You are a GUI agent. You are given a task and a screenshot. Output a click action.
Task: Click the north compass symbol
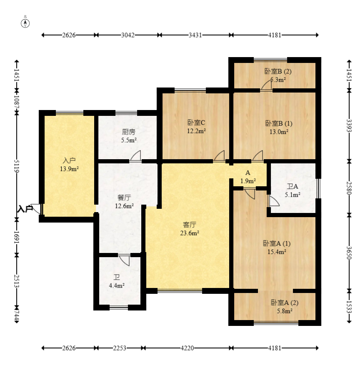coord(25,23)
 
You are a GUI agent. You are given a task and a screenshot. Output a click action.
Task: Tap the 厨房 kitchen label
coord(128,132)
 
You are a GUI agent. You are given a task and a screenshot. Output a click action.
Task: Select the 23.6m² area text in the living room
coord(190,233)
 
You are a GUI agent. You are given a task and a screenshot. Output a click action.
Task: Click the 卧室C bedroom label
coord(196,123)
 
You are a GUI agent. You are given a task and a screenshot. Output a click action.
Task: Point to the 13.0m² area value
coord(279,132)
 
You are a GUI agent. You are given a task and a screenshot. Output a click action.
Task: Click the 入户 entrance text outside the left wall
coord(25,209)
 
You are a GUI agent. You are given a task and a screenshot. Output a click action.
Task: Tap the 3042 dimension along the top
coord(128,35)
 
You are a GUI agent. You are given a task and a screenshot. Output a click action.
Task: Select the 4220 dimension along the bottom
coord(187,348)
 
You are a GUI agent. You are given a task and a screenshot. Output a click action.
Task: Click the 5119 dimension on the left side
coord(17,166)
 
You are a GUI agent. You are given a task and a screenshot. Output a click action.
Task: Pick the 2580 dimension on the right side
coord(349,188)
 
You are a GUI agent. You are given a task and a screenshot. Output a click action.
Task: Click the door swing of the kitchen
coord(135,155)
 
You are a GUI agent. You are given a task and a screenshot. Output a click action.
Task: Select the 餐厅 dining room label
coord(124,198)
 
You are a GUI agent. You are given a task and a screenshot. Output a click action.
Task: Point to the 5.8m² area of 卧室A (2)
coord(285,311)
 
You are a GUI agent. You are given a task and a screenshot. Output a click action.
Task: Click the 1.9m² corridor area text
coord(248,181)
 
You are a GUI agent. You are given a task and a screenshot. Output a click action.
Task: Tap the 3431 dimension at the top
coord(195,35)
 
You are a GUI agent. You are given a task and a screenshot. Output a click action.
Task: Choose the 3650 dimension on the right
coord(349,253)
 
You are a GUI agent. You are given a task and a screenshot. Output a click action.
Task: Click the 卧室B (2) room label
coord(278,71)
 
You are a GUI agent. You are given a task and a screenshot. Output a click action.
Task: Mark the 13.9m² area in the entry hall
coord(69,169)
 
